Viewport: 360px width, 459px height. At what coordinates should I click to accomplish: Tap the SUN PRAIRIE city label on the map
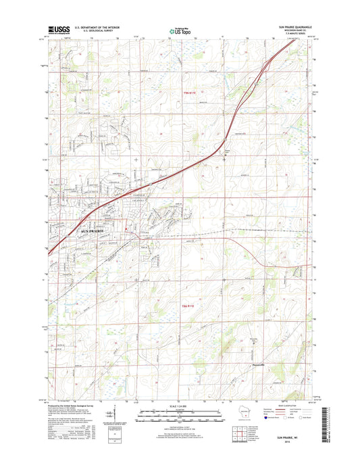click(95, 231)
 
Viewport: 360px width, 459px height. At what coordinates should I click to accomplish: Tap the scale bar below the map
click(180, 414)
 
